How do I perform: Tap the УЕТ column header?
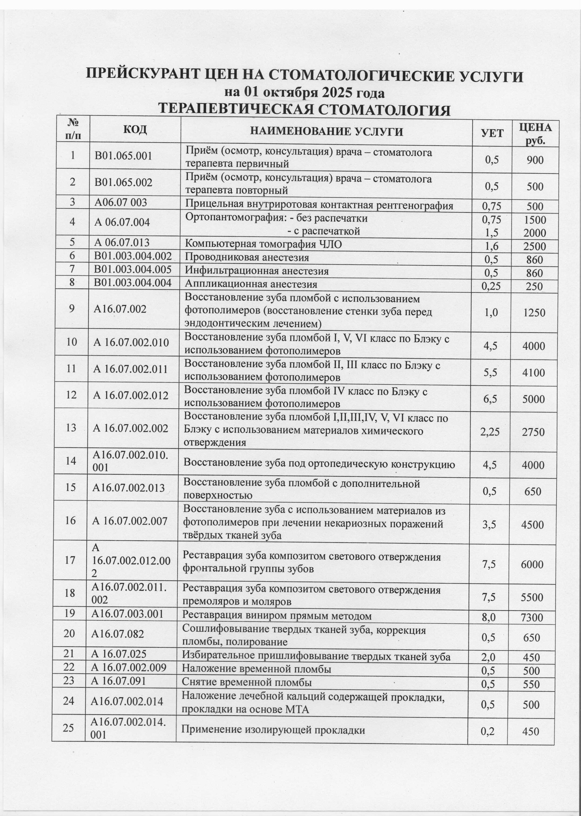tap(492, 133)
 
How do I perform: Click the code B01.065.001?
tap(123, 156)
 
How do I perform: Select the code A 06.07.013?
tap(122, 243)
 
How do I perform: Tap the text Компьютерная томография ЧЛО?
tap(263, 244)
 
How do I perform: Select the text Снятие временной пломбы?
tap(247, 682)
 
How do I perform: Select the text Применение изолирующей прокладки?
tap(273, 730)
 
